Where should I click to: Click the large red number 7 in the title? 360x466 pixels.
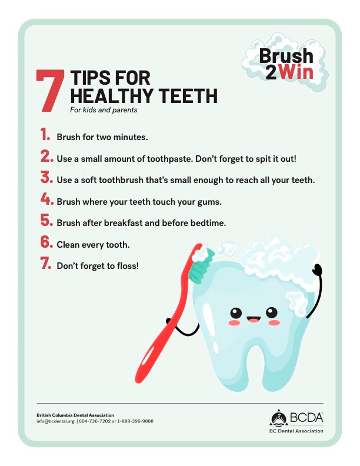(50, 91)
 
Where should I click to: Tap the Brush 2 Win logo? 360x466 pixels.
(286, 64)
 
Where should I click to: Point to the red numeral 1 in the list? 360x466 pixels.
(45, 135)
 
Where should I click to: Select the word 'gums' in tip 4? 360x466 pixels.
(209, 202)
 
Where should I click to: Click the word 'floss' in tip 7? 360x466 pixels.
(125, 266)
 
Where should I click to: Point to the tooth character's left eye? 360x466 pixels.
(235, 312)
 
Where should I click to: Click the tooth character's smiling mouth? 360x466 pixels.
(254, 319)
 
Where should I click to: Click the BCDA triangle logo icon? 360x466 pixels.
(279, 419)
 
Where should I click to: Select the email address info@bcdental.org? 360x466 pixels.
(55, 421)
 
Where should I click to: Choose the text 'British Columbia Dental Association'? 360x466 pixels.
(75, 415)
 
